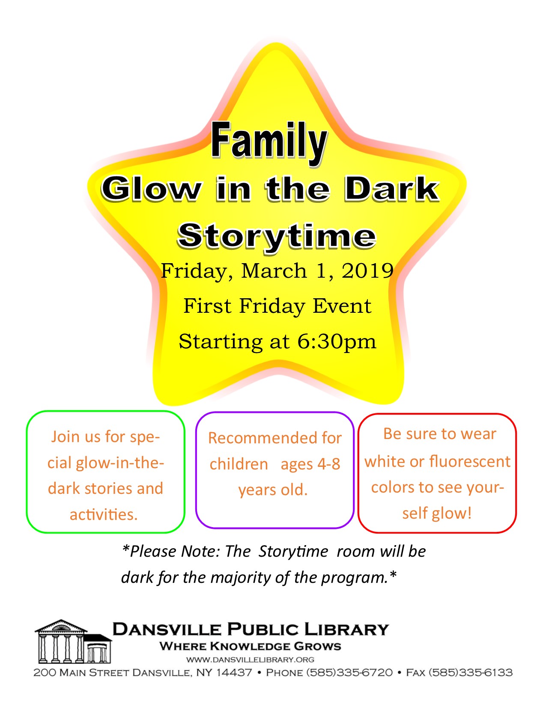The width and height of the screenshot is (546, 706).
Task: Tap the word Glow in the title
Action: coord(151,189)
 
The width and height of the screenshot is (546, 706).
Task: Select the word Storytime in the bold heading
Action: coord(277,237)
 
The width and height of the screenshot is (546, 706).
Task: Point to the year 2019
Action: coord(367,271)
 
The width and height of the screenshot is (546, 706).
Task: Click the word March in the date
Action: coord(274,271)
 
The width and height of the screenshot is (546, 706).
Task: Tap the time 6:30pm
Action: coord(337,342)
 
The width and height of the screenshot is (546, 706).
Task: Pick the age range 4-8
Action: coord(329,464)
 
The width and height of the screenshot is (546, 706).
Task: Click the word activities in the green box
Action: coord(104,515)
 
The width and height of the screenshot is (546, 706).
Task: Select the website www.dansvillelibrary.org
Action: coord(250,660)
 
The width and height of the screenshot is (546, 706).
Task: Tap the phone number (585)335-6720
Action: coord(349,673)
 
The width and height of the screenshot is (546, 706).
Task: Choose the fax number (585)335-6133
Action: coord(471,673)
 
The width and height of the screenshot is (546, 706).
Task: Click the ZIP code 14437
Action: coord(234,673)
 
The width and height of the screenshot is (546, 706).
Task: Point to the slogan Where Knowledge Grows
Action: coord(250,647)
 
